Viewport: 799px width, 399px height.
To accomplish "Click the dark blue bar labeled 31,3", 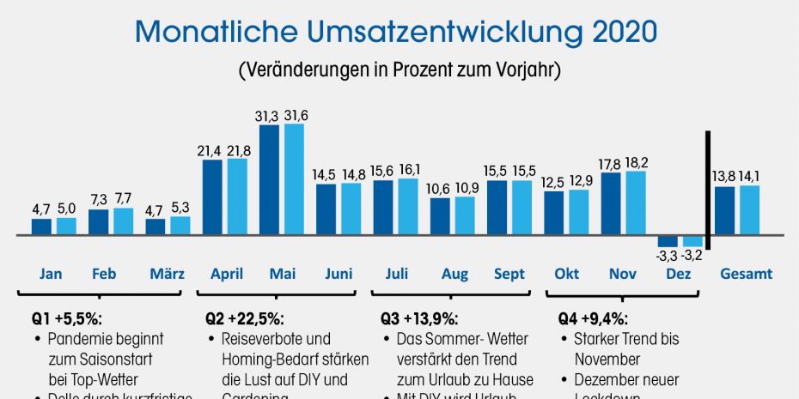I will click(x=270, y=179).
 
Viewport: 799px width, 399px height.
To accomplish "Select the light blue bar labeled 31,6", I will click(x=295, y=179).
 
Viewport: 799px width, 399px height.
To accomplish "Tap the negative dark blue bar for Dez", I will click(x=668, y=241).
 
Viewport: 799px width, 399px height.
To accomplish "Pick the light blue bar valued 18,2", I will click(x=637, y=203).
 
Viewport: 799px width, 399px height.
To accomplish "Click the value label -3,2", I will click(x=693, y=255).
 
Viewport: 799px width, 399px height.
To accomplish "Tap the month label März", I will click(x=167, y=275).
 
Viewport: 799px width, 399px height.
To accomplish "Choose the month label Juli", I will click(x=396, y=275).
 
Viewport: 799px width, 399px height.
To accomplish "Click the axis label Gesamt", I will click(x=746, y=275).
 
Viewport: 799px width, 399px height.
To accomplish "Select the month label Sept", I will click(x=509, y=275).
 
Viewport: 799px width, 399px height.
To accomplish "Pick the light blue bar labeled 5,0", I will click(x=66, y=226).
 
